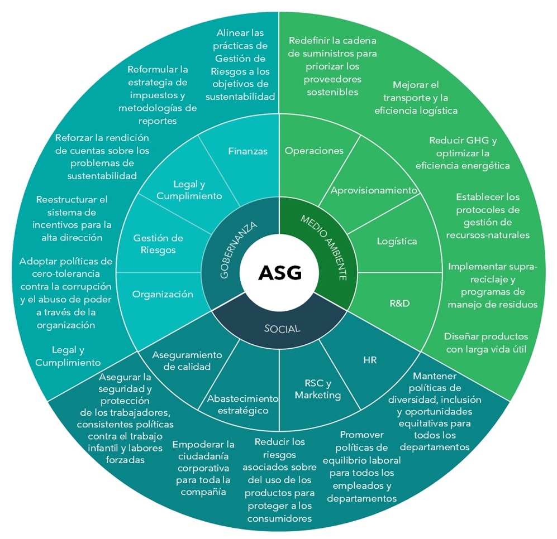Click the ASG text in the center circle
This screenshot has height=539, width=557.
[x=279, y=273]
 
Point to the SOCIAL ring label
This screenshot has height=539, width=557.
[x=282, y=328]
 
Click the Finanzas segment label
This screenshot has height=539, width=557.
[x=248, y=151]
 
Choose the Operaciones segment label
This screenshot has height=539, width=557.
[x=313, y=151]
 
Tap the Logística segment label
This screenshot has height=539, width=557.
[x=397, y=241]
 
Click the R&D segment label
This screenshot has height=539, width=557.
[x=399, y=304]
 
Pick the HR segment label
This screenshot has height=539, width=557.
[x=370, y=360]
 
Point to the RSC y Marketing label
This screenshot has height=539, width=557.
[x=317, y=389]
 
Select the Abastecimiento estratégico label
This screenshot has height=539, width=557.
[x=242, y=405]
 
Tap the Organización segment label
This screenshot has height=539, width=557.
[x=163, y=294]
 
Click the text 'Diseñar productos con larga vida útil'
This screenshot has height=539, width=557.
[x=485, y=343]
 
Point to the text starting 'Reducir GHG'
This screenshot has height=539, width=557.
[x=462, y=153]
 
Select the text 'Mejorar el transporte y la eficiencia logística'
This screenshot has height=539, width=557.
[x=416, y=98]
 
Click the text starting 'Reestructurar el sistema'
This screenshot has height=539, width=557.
[x=72, y=218]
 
